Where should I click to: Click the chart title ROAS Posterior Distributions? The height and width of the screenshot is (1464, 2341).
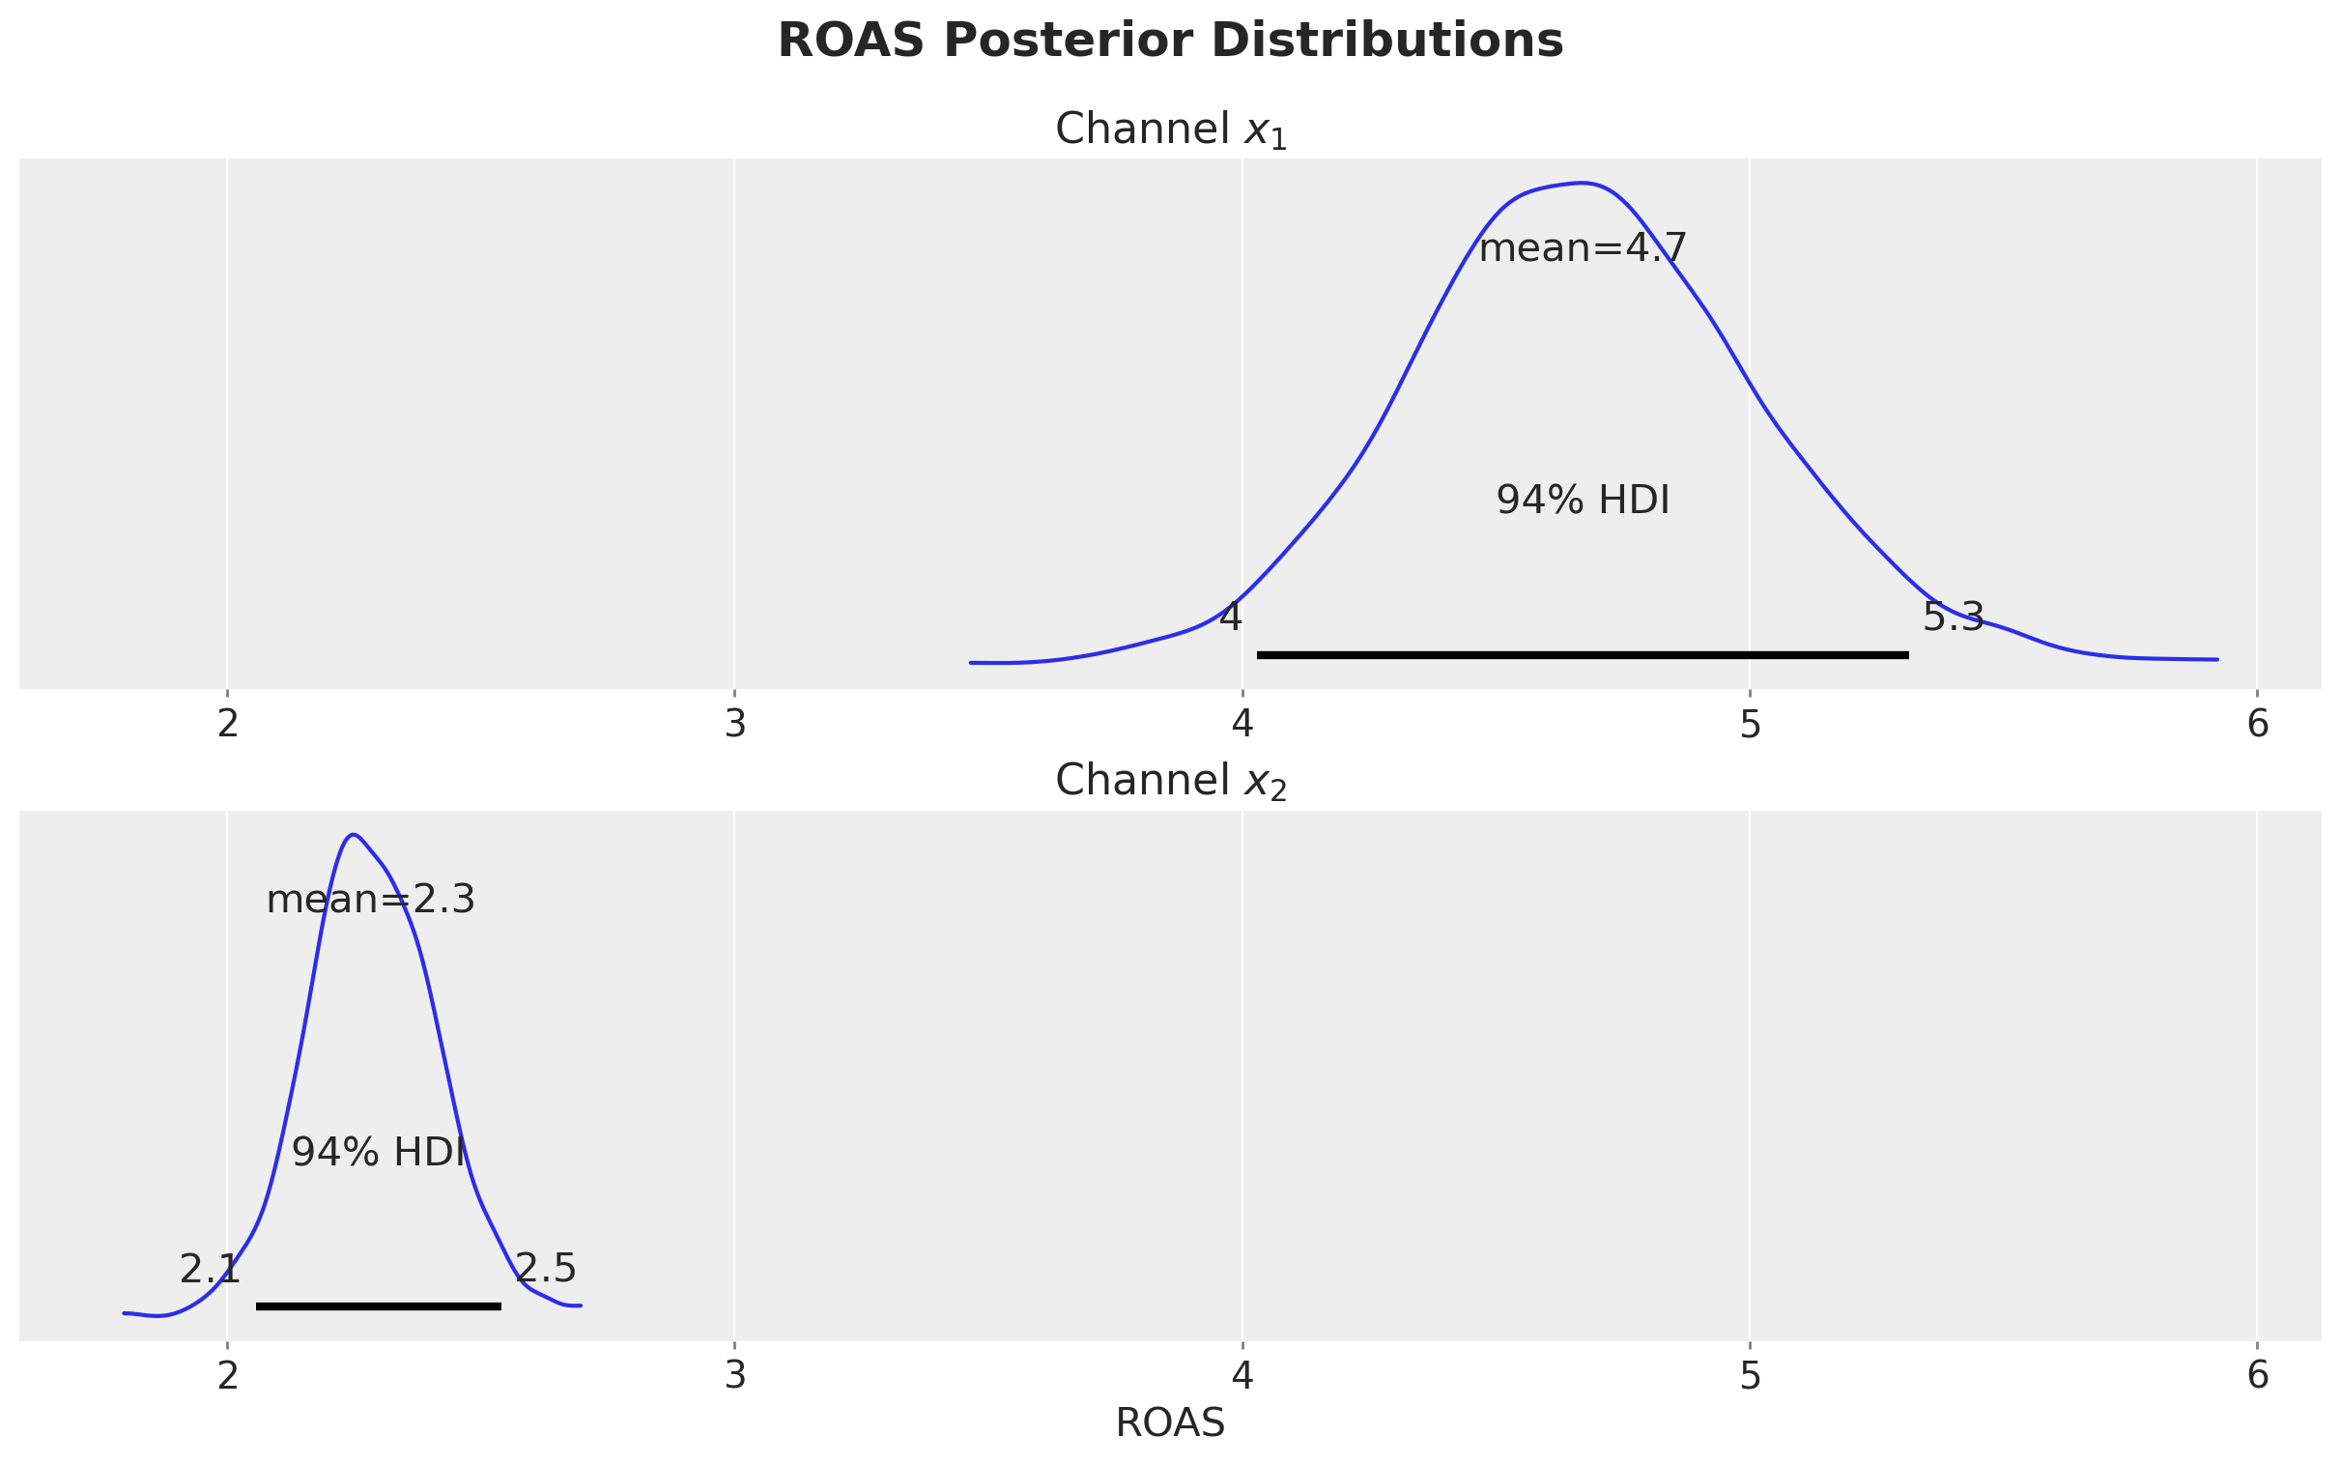coord(1170,42)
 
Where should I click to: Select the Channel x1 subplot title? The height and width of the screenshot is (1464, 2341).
coord(1170,129)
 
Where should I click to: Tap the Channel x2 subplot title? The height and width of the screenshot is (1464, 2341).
coord(1170,782)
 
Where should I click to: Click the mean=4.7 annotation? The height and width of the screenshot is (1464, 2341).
coord(1583,249)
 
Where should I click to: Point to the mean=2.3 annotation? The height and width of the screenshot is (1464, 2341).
coord(371,901)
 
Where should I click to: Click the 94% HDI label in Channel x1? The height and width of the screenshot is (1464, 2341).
coord(1583,501)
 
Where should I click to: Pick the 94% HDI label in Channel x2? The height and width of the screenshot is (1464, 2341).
coord(379,1152)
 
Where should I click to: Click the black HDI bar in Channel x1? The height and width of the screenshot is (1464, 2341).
coord(1583,655)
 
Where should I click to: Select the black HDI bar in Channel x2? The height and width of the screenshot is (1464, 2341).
coord(379,1306)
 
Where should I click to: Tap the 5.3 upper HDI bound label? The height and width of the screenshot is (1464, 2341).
coord(1953,617)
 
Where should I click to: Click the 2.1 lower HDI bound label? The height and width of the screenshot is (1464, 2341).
coord(209,1270)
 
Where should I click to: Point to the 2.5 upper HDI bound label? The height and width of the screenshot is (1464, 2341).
coord(546,1269)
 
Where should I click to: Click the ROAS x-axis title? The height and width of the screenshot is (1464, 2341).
coord(1170,1423)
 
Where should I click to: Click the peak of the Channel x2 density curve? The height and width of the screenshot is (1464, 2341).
coord(355,834)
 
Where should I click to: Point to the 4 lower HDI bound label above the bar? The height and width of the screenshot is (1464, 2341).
coord(1230,617)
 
